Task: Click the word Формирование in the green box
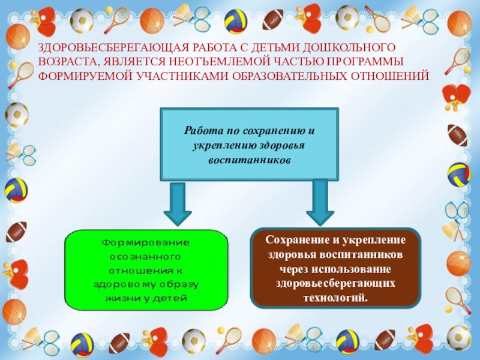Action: (x=146, y=243)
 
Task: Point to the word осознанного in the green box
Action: (x=146, y=256)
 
